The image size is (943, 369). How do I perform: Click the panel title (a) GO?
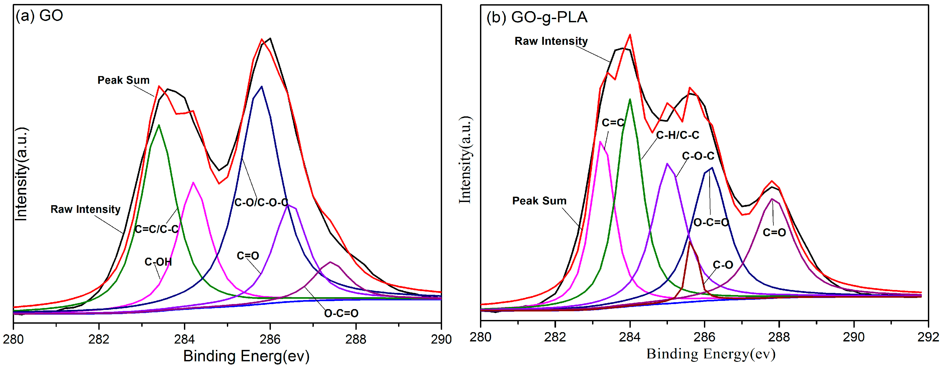point(39,16)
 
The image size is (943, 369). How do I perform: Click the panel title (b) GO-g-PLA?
point(537,17)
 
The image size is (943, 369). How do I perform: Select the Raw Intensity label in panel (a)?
point(85,209)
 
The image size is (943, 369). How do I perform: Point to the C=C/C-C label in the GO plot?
point(157,229)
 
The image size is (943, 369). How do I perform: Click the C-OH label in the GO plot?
point(158,262)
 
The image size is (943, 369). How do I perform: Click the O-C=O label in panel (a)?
point(341,313)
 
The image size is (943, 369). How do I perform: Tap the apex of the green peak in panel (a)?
point(158,125)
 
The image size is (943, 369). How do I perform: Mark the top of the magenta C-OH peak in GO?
point(193,182)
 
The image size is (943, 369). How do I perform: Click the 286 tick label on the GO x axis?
point(270,339)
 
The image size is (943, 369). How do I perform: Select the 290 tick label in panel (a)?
point(441,339)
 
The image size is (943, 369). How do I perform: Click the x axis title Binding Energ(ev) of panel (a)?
point(246,356)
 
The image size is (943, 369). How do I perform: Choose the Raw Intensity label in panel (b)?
point(551,41)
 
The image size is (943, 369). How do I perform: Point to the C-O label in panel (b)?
point(723,265)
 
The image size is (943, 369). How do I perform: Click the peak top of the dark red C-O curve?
point(690,241)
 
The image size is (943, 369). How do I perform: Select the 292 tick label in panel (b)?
point(928,337)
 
